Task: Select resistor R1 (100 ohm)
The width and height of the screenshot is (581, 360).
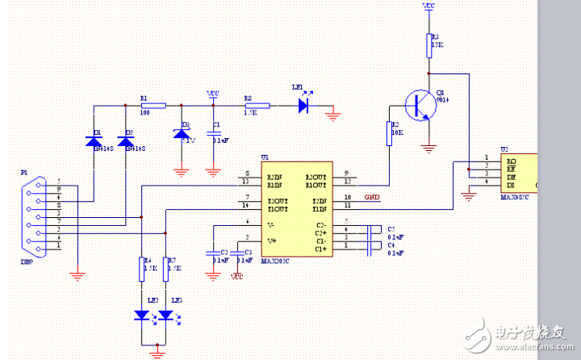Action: (153, 106)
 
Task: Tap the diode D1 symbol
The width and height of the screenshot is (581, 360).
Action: (94, 141)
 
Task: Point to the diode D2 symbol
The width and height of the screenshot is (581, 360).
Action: (126, 141)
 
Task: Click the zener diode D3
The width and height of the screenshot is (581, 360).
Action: (182, 132)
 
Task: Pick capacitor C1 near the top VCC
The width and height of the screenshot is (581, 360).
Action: (213, 131)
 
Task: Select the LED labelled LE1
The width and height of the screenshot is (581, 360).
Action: (303, 105)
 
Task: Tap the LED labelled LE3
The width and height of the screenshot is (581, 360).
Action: (165, 315)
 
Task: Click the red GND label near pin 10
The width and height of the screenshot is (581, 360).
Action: (372, 198)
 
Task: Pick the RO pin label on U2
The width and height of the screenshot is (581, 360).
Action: (511, 160)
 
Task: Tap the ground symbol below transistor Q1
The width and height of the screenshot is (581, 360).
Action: (429, 148)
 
